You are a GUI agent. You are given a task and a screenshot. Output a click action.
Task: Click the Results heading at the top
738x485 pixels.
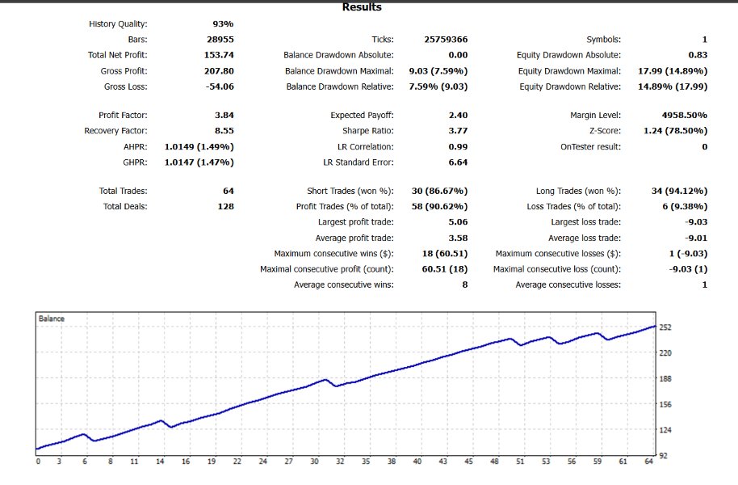click(362, 7)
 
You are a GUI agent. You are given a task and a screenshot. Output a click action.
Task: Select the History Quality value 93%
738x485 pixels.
click(223, 24)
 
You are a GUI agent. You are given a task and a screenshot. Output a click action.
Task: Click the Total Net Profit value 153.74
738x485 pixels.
click(219, 55)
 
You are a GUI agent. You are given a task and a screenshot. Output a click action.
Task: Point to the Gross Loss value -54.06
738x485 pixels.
click(218, 86)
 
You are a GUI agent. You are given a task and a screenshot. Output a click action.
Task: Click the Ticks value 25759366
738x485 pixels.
click(446, 40)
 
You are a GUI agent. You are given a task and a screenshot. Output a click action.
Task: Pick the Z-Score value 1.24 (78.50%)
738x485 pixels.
click(677, 131)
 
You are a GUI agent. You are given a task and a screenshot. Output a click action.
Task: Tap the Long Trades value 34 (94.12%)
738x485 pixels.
click(678, 192)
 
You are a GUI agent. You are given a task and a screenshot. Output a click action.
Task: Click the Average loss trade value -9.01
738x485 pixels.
click(695, 238)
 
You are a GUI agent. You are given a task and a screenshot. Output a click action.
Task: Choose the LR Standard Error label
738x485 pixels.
click(359, 162)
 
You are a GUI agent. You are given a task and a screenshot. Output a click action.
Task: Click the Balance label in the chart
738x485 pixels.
click(52, 319)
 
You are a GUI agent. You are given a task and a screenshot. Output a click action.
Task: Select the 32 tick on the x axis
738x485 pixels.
click(340, 462)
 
